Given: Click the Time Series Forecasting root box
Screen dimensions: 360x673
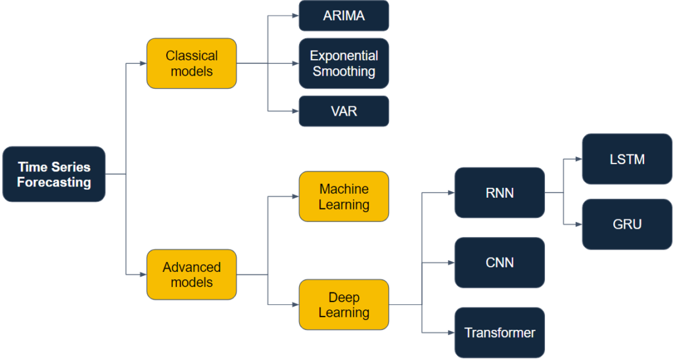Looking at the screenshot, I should (x=54, y=174).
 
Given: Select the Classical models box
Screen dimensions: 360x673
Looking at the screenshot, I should (x=191, y=63).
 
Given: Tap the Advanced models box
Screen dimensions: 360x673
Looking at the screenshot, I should (x=191, y=275).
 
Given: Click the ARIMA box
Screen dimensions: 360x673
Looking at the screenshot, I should (x=344, y=16).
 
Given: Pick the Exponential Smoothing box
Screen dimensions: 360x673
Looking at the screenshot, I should (x=344, y=63).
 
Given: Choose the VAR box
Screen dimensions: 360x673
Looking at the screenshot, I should (x=344, y=111).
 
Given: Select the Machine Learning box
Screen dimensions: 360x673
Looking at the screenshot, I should (x=344, y=196).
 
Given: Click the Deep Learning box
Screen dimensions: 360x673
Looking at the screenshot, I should (x=344, y=305).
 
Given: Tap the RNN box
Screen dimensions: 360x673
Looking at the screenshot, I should (x=499, y=192).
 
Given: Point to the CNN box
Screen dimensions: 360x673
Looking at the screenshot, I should (x=499, y=263).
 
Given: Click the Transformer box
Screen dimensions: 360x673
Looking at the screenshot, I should (x=499, y=332).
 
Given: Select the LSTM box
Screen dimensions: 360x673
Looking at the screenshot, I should (x=627, y=159).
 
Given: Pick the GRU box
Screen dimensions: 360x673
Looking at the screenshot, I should (x=627, y=224).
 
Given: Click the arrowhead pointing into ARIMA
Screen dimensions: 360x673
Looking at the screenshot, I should (x=295, y=16).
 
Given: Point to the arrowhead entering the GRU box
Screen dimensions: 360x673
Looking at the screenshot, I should (x=578, y=224).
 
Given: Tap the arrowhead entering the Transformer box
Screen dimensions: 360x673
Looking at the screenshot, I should (x=451, y=332).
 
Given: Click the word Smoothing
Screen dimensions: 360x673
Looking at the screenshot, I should (x=344, y=71).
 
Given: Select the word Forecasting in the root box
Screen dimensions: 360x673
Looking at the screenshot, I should (x=54, y=182).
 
